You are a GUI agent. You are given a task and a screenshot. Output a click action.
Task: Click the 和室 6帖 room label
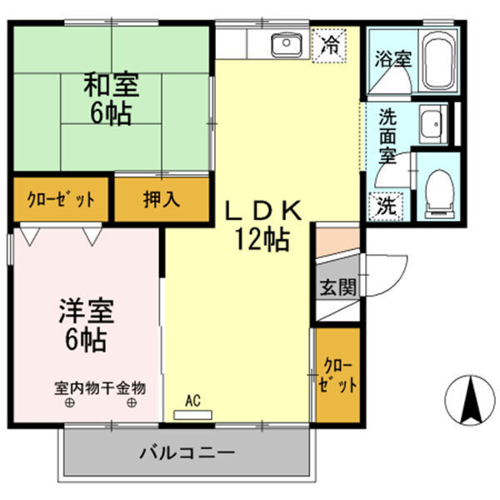pos(110,98)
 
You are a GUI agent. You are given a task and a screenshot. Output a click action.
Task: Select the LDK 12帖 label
pos(260,226)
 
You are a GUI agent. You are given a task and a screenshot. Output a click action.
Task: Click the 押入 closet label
pos(161,200)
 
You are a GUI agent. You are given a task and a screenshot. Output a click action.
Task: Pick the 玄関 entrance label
pos(338,287)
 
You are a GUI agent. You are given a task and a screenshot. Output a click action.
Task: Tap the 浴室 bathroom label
pos(392,60)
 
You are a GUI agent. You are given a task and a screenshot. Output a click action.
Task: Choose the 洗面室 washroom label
pos(387,136)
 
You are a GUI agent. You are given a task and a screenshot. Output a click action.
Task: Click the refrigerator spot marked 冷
pos(330,43)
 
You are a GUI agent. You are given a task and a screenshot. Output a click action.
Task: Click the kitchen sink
pos(287,43)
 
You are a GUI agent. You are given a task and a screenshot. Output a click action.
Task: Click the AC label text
pos(192,401)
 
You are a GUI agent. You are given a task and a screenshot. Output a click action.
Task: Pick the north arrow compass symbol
pos(470,399)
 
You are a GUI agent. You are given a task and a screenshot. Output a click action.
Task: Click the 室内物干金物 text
pos(100,387)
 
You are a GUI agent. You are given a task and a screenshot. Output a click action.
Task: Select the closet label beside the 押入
pos(60,201)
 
